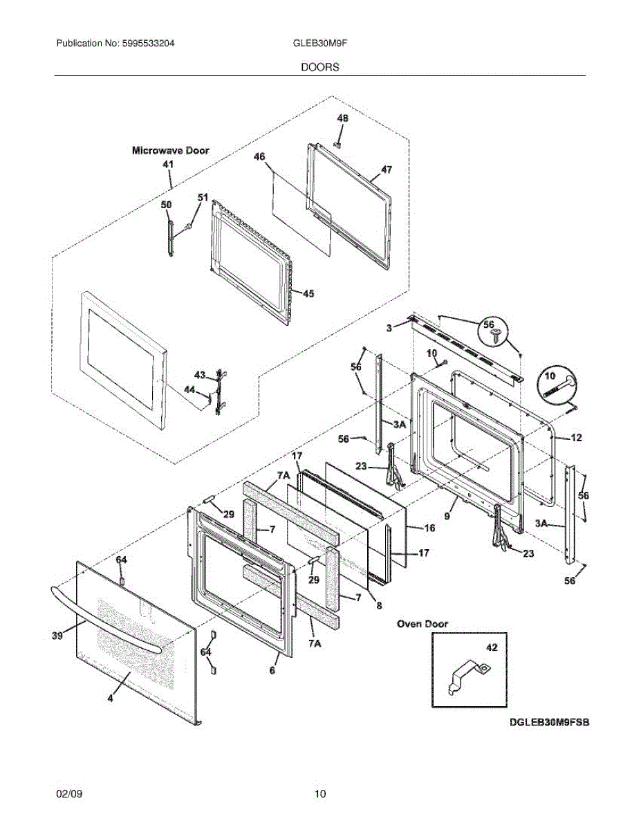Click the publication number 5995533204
tap(148, 44)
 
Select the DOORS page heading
tap(320, 67)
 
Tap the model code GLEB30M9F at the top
tap(320, 44)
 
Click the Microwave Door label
tap(171, 151)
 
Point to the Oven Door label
tap(422, 624)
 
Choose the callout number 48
tap(342, 118)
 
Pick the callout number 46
tap(259, 156)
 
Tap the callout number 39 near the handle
tap(57, 636)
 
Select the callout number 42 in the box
tap(492, 647)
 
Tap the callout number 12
tap(576, 438)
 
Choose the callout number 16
tap(429, 528)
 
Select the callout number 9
tap(447, 516)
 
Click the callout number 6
tap(272, 670)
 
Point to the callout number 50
tap(166, 205)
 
